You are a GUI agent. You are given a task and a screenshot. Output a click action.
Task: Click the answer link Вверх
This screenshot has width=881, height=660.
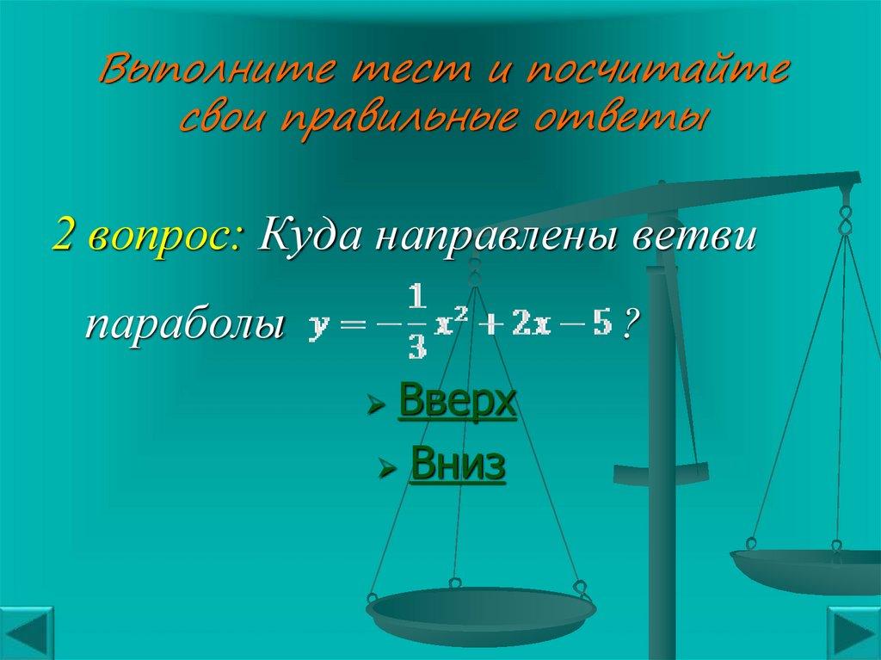[457, 403]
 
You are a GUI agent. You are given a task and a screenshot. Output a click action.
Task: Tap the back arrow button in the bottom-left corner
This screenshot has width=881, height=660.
[28, 633]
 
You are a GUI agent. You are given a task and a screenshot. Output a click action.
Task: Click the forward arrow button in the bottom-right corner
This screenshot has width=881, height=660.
[853, 633]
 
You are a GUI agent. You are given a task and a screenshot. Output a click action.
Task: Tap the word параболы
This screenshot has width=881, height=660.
[184, 325]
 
